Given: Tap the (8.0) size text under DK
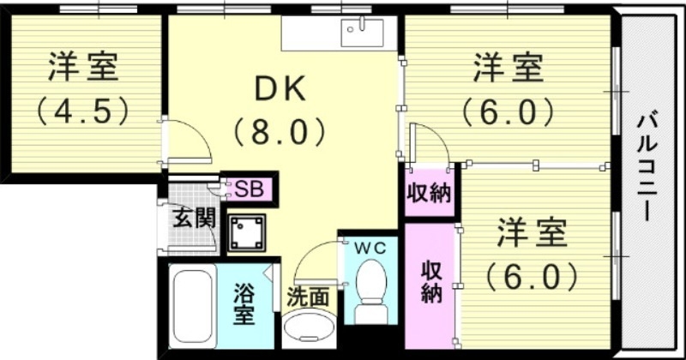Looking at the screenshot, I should click(x=280, y=132).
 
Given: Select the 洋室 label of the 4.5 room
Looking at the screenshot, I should click(x=82, y=66).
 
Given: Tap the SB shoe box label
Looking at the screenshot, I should click(x=249, y=189).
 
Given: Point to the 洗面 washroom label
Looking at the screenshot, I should click(x=307, y=297).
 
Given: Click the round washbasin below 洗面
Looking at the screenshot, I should click(x=309, y=330).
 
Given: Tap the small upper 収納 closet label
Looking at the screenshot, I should click(x=428, y=194).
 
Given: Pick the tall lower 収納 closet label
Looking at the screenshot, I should click(x=430, y=279).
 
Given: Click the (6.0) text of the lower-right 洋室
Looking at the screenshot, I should click(x=533, y=276).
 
